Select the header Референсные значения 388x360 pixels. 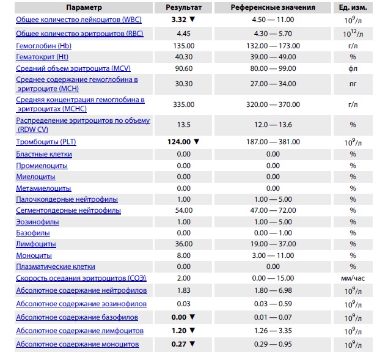click(273, 7)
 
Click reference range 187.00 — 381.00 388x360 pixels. click(273, 142)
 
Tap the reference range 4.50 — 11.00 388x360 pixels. click(273, 20)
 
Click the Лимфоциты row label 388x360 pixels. click(36, 244)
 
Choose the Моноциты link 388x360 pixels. click(34, 255)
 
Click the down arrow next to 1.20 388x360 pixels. click(193, 331)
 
